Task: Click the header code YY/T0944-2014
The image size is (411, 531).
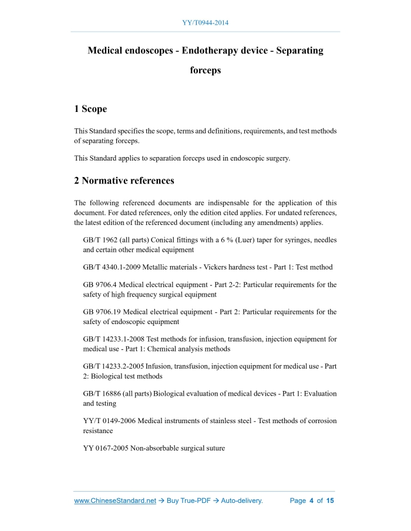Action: tap(206, 23)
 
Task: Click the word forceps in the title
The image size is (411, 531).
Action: tap(206, 70)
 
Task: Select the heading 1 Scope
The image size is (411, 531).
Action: tap(90, 109)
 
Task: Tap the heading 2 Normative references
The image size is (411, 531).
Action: tap(124, 180)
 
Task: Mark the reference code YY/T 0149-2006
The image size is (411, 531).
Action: tap(111, 421)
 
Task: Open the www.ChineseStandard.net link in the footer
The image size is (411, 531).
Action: tap(115, 501)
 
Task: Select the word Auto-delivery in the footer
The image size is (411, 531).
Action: tap(241, 501)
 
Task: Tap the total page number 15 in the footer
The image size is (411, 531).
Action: tap(330, 501)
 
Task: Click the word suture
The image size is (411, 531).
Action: tap(213, 448)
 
